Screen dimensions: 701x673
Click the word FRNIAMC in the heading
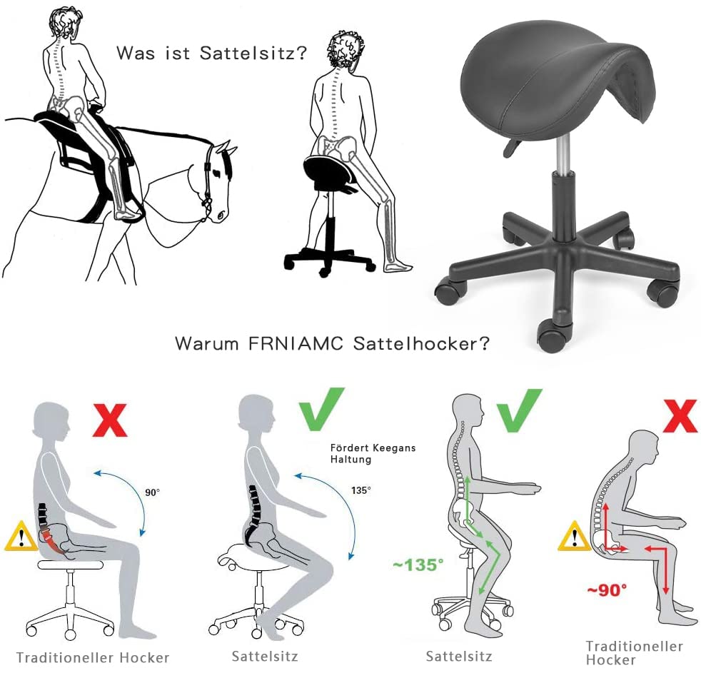pyautogui.click(x=296, y=343)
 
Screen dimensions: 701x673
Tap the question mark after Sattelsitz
pyautogui.click(x=301, y=52)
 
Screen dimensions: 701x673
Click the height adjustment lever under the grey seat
pyautogui.click(x=513, y=148)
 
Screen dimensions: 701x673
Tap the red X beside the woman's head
pyautogui.click(x=110, y=420)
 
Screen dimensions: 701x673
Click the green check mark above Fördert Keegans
pyautogui.click(x=322, y=409)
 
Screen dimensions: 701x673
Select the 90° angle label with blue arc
pyautogui.click(x=152, y=492)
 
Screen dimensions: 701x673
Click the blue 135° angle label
pyautogui.click(x=360, y=490)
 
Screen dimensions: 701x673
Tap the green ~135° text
pyautogui.click(x=418, y=565)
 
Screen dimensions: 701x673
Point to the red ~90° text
pyautogui.click(x=607, y=590)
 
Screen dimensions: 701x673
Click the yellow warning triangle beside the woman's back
pyautogui.click(x=21, y=536)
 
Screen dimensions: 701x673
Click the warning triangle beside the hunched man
pyautogui.click(x=574, y=536)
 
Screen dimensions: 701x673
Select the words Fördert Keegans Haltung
pyautogui.click(x=373, y=453)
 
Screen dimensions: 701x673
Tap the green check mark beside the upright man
pyautogui.click(x=520, y=410)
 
